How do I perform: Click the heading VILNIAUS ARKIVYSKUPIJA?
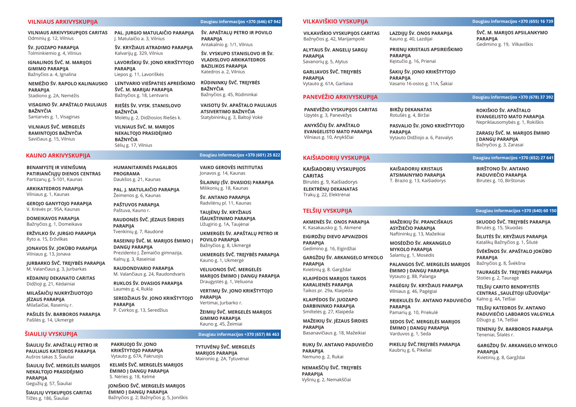[x=63, y=22]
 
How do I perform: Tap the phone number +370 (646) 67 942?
[x=263, y=22]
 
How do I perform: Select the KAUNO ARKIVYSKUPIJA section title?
[x=58, y=155]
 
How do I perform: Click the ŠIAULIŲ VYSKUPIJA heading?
[x=51, y=334]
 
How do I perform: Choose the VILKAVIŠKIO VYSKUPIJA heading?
[x=335, y=22]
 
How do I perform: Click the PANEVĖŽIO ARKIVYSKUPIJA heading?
[x=340, y=97]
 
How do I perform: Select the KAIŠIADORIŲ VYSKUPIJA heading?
[x=336, y=158]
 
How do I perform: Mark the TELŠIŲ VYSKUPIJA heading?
[x=327, y=211]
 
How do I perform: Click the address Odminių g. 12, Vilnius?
[x=50, y=39]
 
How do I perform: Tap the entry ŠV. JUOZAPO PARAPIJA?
[x=53, y=48]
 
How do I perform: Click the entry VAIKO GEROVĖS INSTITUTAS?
[x=231, y=167]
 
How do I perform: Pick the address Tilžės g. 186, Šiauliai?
[x=47, y=398]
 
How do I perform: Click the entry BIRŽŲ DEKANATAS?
[x=410, y=110]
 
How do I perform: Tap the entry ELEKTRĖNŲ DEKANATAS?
[x=330, y=189]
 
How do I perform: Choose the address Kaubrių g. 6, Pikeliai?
[x=410, y=350]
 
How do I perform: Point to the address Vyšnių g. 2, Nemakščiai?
[x=326, y=380]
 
